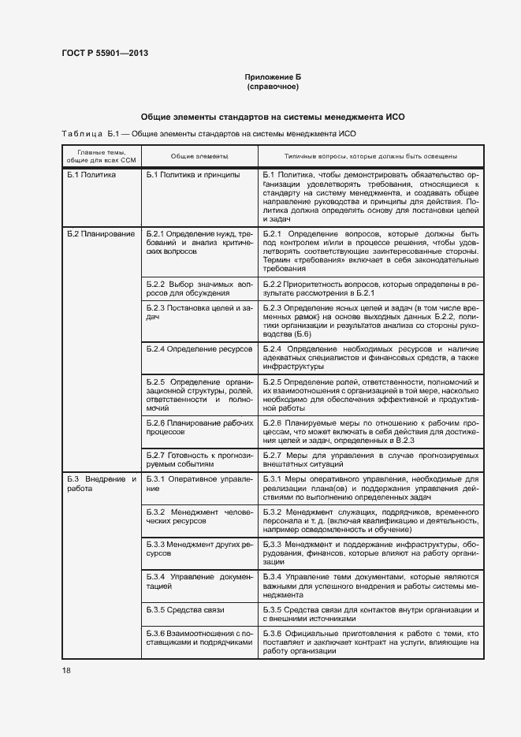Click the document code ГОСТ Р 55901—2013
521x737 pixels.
(x=105, y=54)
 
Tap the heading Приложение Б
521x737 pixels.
(x=273, y=76)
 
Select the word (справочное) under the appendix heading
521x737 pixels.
(x=273, y=86)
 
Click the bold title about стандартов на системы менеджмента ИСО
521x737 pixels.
(x=272, y=116)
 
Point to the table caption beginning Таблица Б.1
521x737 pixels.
(x=205, y=134)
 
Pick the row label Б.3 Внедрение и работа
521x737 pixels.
(x=101, y=484)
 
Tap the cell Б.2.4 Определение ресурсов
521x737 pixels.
(x=199, y=348)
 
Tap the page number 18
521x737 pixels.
(x=65, y=670)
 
